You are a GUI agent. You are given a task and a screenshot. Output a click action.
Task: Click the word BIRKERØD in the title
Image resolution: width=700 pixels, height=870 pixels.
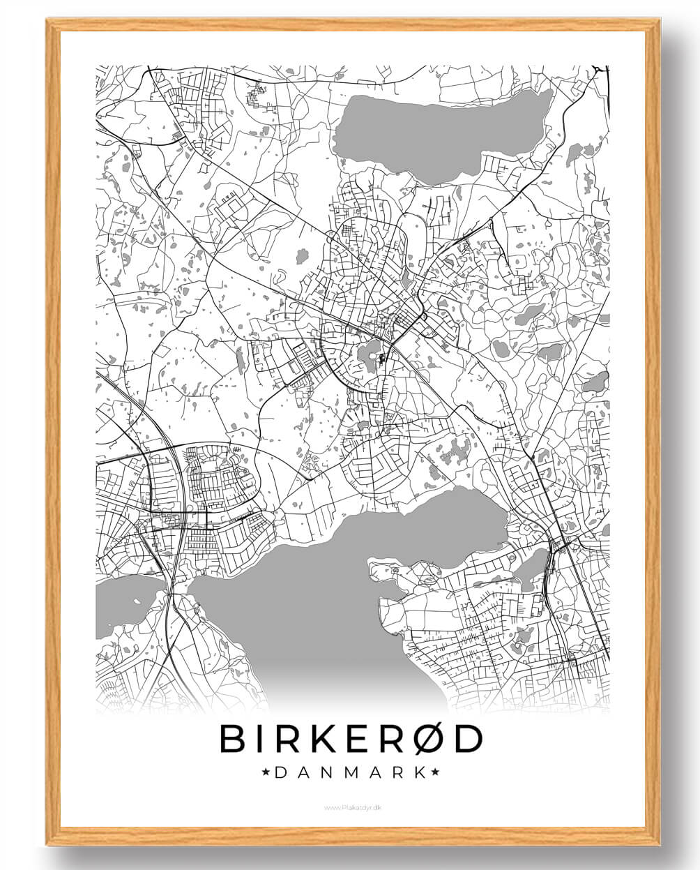351,739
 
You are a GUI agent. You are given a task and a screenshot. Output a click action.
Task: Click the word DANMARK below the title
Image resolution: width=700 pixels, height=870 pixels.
351,772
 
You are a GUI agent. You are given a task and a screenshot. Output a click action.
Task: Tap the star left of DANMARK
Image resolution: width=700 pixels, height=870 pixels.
266,772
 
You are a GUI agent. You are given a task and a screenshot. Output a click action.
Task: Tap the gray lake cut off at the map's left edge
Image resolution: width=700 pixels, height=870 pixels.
125,603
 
